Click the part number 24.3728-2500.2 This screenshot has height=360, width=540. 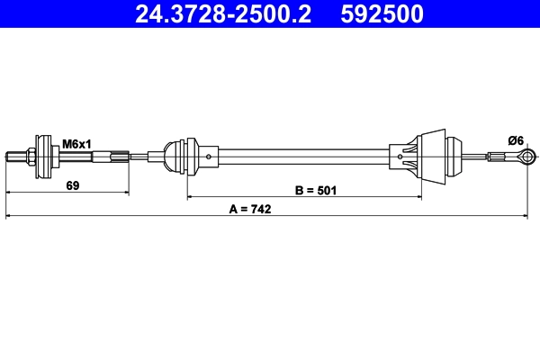[222, 13]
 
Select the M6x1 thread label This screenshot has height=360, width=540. [76, 142]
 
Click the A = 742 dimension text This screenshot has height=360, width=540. [249, 209]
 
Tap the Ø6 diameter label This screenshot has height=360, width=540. [516, 139]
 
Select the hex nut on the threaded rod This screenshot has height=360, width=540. [31, 159]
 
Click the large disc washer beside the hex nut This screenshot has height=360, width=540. [41, 159]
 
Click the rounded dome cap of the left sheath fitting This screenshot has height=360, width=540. [173, 158]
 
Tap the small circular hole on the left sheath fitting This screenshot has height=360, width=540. [209, 158]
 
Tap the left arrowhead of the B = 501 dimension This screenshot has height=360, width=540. [190, 196]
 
